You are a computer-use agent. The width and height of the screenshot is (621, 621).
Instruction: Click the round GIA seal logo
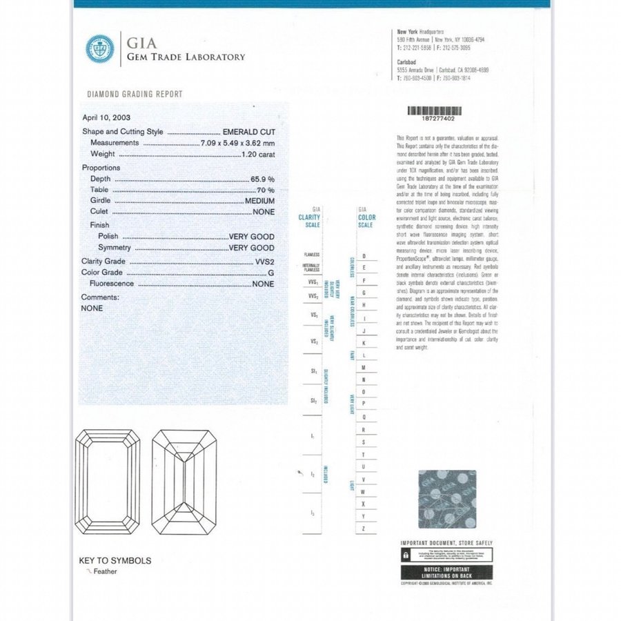[x=99, y=48]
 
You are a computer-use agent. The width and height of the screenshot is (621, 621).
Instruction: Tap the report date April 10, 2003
[x=106, y=117]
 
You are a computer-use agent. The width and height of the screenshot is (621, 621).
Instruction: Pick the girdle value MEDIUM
[x=260, y=200]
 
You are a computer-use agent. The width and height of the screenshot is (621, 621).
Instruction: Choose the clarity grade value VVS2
[x=264, y=262]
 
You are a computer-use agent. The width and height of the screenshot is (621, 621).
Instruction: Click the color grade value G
[x=271, y=273]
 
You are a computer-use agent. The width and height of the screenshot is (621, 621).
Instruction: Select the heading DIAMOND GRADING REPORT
[x=135, y=94]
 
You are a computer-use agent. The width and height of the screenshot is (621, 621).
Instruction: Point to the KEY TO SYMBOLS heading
[x=115, y=561]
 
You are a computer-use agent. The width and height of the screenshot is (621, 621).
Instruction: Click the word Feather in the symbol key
[x=105, y=571]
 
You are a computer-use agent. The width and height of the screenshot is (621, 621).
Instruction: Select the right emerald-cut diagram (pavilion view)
[x=182, y=481]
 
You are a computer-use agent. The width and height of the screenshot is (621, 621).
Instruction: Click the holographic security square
[x=447, y=499]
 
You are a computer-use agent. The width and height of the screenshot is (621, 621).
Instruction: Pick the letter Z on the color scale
[x=364, y=528]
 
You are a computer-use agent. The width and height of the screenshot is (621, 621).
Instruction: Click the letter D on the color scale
[x=364, y=256]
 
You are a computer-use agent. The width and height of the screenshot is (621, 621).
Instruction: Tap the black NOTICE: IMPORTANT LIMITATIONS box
[x=446, y=572]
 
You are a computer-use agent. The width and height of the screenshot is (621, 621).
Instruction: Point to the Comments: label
[x=100, y=297]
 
